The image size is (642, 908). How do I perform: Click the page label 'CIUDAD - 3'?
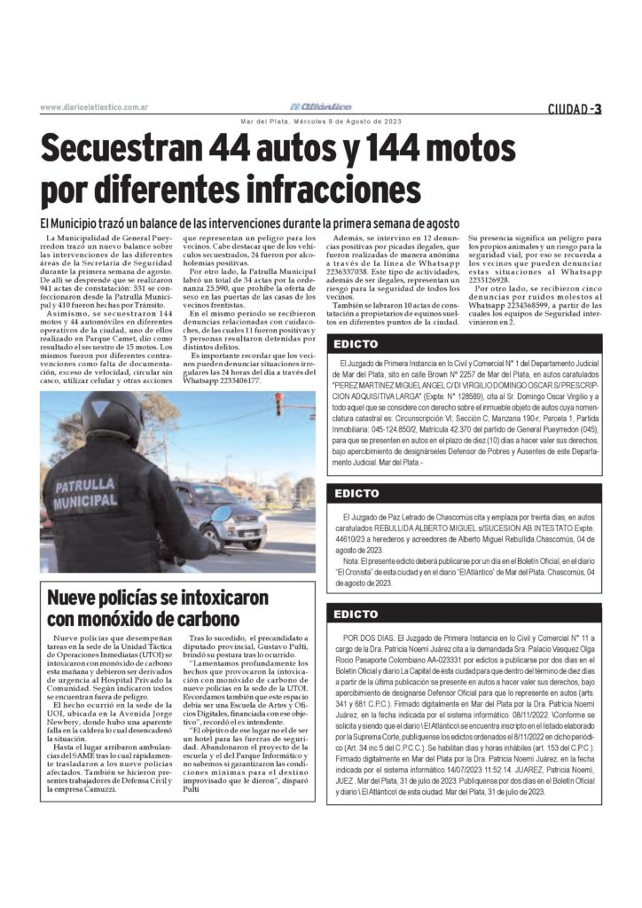click(574, 108)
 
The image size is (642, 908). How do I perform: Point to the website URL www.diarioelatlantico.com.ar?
click(93, 108)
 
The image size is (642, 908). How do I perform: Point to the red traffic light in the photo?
click(278, 403)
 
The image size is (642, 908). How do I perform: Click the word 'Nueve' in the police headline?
click(76, 597)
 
